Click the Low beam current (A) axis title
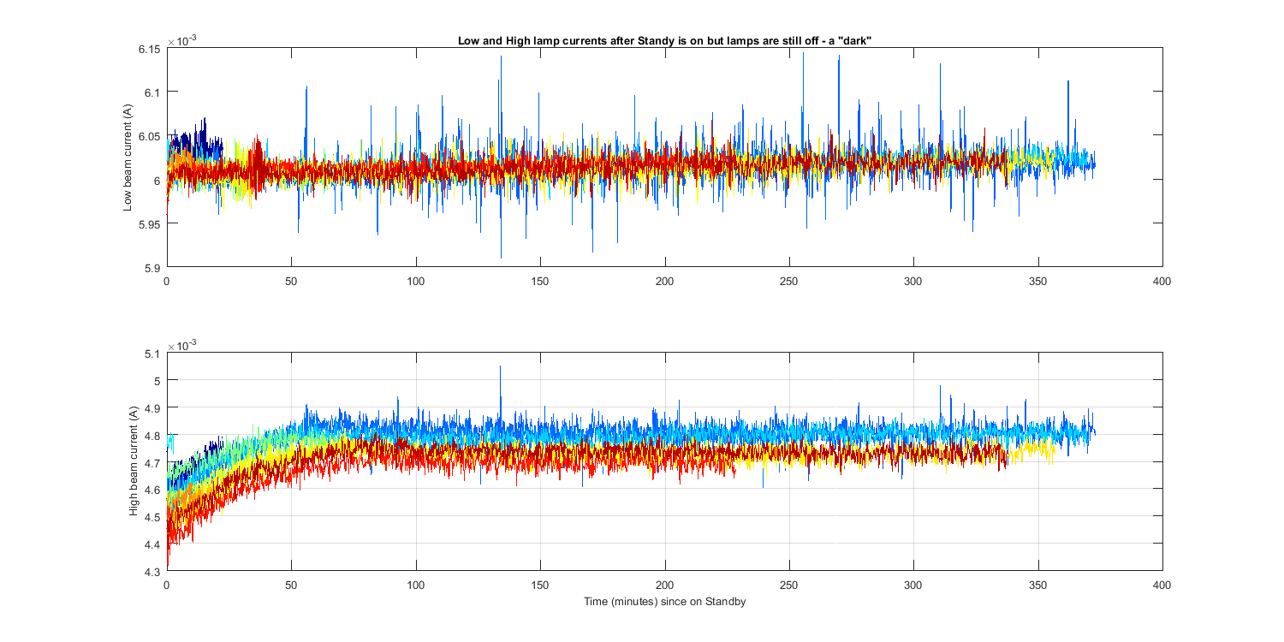coord(128,158)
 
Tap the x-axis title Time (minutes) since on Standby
coord(664,602)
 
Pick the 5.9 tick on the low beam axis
coord(153,267)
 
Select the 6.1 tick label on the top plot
coord(152,92)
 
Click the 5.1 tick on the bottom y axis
coord(153,353)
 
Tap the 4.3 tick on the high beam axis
coord(153,571)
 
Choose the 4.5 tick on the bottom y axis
coord(153,516)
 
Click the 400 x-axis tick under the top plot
coord(1162,281)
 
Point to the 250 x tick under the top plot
coord(789,281)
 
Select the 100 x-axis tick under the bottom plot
coord(416,585)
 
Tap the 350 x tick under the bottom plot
coord(1038,585)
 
